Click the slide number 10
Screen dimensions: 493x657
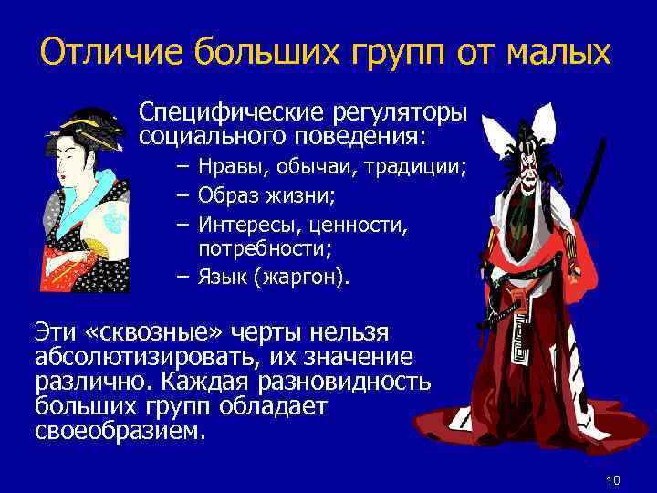[x=612, y=480]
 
